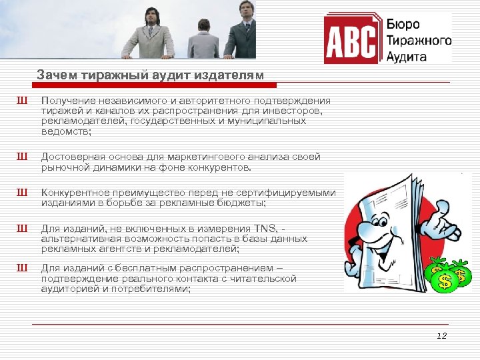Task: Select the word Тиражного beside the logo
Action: tap(419, 41)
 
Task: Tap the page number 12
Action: tap(441, 336)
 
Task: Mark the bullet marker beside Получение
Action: tap(23, 100)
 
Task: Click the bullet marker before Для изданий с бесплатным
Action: tap(23, 268)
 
